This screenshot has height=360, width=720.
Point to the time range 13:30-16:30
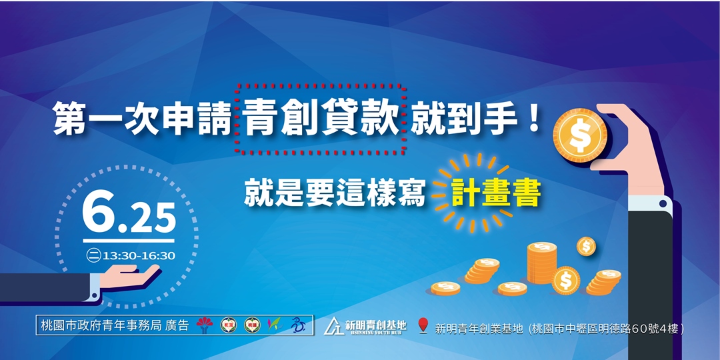click(139, 255)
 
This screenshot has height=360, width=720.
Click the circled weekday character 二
click(93, 255)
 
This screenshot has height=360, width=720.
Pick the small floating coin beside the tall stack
click(586, 246)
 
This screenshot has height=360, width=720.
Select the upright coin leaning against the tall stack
click(566, 280)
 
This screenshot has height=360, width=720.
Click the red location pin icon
click(422, 325)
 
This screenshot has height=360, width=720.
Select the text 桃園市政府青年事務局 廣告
click(115, 325)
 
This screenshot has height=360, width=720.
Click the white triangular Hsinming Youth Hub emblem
click(334, 325)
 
